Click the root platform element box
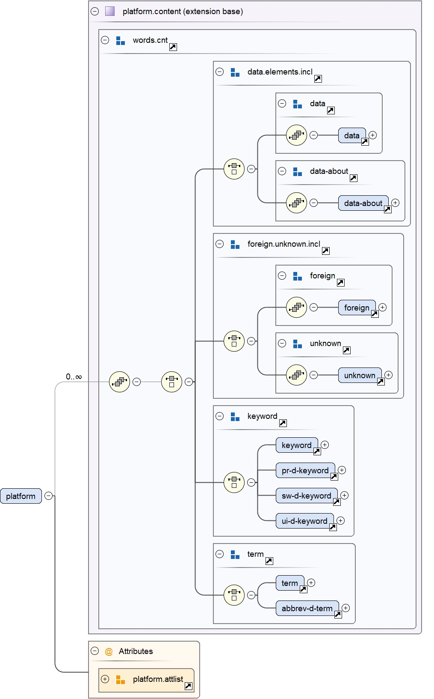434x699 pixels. [x=21, y=496]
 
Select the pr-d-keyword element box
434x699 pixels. [x=305, y=470]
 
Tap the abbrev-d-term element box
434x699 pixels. [x=307, y=608]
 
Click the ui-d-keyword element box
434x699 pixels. [x=304, y=521]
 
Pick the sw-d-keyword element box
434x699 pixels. [x=306, y=496]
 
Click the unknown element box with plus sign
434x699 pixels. [x=359, y=375]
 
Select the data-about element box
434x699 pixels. [x=363, y=203]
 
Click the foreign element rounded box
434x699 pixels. [x=356, y=308]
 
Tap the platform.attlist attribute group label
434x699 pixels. [x=158, y=679]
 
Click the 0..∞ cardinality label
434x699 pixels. [x=74, y=377]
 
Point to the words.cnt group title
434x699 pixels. [x=150, y=40]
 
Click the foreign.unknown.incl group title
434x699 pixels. [x=283, y=244]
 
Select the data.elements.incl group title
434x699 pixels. [x=280, y=72]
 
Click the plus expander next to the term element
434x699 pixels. [x=311, y=582]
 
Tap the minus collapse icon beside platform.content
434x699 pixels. [x=95, y=12]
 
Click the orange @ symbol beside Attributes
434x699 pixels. [x=109, y=651]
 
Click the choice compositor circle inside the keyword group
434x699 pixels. [x=234, y=482]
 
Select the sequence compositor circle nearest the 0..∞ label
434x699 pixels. [x=119, y=382]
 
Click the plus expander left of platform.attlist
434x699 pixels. [x=105, y=679]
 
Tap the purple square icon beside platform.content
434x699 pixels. [x=110, y=11]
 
